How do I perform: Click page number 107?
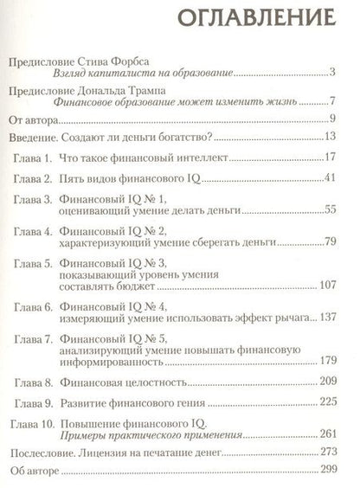coord(337,307)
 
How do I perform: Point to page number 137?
coord(337,341)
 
